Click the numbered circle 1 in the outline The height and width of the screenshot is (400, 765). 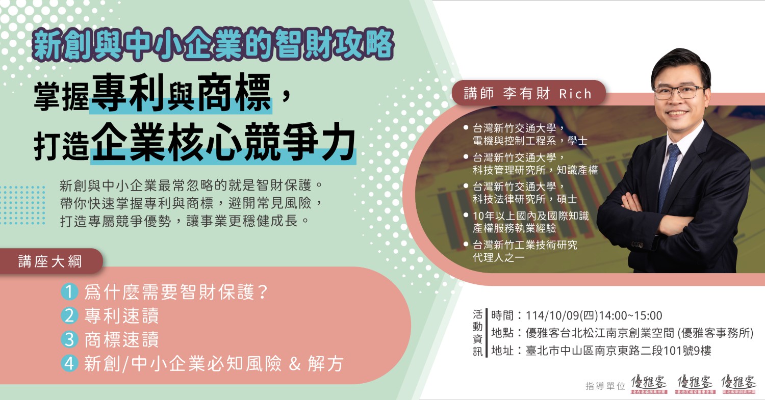pos(69,292)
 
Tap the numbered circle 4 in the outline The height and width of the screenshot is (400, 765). pos(69,363)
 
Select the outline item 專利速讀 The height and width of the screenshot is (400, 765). pos(121,316)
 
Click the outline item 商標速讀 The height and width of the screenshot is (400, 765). pos(121,340)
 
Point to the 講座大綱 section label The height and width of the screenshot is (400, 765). pos(50,261)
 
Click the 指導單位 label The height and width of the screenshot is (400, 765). pos(605,386)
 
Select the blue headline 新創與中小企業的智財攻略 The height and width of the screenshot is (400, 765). pos(213,45)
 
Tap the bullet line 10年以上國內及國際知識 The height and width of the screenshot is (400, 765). pos(531,216)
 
